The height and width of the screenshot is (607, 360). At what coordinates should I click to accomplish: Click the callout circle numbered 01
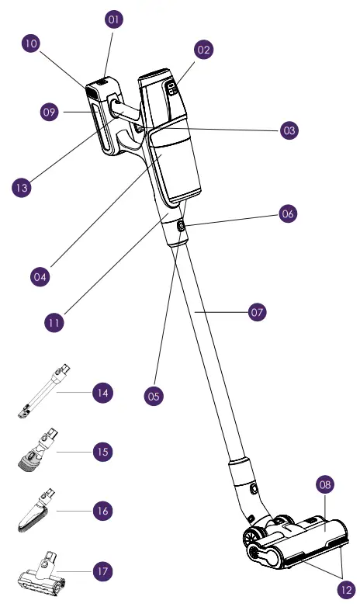click(114, 19)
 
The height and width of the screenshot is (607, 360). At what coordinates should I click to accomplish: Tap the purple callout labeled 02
click(203, 50)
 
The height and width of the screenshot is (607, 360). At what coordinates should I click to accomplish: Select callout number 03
click(289, 130)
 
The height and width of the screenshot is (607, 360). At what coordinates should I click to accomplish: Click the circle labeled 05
click(154, 395)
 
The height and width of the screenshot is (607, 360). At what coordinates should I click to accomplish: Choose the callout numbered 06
click(287, 213)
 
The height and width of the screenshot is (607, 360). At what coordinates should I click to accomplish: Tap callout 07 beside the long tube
click(257, 313)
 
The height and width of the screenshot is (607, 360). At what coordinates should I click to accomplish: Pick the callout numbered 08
click(325, 485)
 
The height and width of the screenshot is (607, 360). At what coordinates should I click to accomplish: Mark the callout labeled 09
click(50, 113)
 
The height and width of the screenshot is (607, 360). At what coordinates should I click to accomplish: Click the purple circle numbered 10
click(31, 44)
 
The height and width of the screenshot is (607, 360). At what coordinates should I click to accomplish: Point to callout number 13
click(22, 187)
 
